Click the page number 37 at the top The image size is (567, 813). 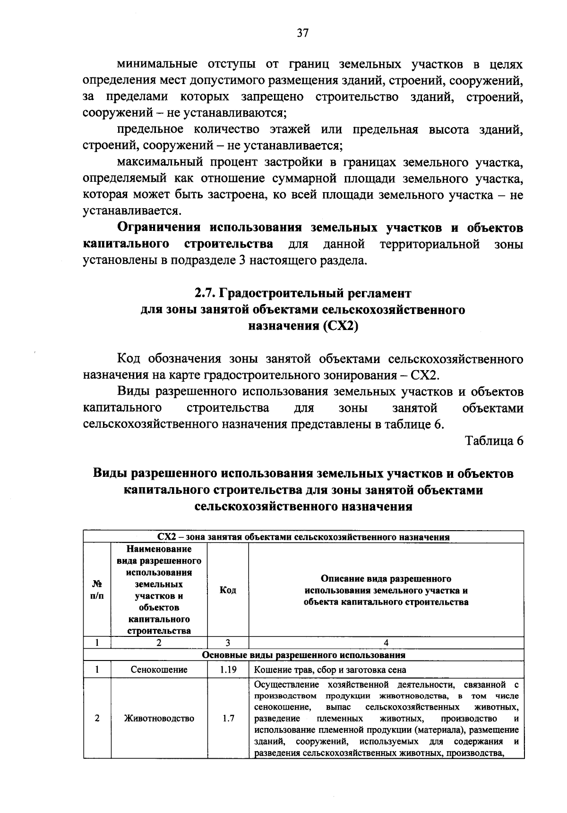[303, 33]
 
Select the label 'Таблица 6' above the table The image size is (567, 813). [494, 440]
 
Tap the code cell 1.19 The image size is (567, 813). [228, 669]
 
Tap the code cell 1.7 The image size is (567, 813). [228, 719]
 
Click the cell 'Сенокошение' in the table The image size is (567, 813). [159, 669]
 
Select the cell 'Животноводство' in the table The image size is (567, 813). [159, 719]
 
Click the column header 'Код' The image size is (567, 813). [228, 590]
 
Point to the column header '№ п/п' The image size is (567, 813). [97, 590]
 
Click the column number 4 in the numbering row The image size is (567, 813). [386, 643]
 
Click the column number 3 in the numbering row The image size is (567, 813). [228, 643]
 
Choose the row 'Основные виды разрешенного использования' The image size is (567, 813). [303, 655]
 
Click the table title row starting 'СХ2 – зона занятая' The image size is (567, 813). [303, 537]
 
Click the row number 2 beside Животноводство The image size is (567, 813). [97, 719]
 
